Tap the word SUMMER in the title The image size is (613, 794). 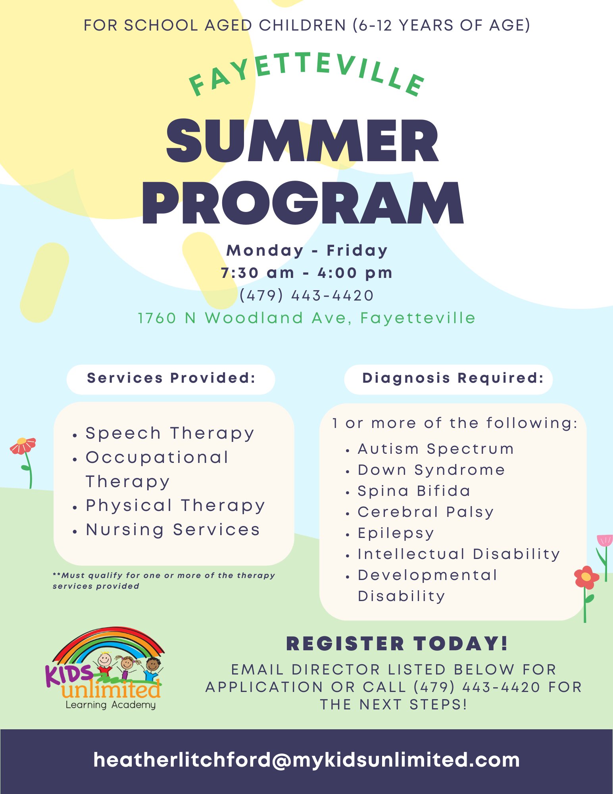pos(303,141)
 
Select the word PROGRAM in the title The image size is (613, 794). pos(303,203)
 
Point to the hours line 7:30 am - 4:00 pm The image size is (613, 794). pos(306,273)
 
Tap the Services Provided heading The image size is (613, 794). pos(171,378)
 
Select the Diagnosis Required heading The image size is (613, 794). pos(453,378)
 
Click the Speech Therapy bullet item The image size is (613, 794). pos(169,434)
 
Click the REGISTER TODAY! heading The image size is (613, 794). pos(397,644)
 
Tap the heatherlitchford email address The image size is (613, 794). pos(306,760)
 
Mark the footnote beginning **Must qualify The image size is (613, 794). pos(163,580)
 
